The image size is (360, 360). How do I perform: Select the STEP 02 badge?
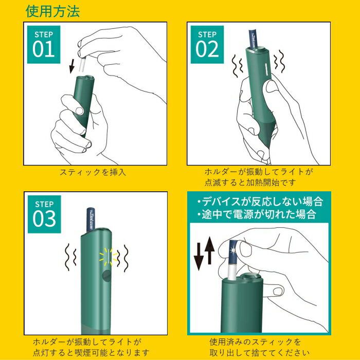click(x=207, y=45)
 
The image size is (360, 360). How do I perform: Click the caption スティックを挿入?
click(x=93, y=172)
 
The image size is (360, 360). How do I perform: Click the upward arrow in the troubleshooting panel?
click(x=210, y=252)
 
